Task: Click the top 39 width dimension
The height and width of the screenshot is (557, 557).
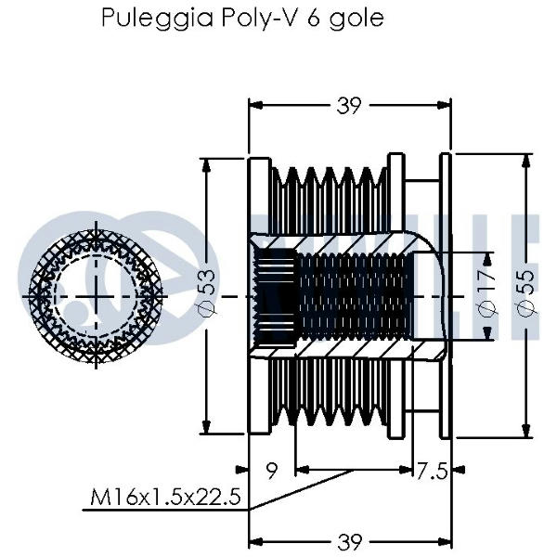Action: click(x=348, y=106)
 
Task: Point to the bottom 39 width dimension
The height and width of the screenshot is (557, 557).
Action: click(x=348, y=542)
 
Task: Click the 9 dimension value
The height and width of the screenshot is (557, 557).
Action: click(x=272, y=472)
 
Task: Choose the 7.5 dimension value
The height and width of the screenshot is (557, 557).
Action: click(x=430, y=472)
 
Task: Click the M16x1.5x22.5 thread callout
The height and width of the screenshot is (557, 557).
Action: click(x=165, y=498)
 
